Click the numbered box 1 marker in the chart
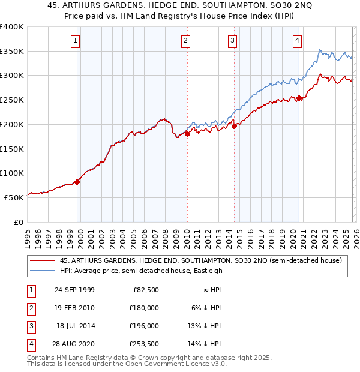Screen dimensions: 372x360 [76, 41]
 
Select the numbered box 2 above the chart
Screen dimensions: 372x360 [186, 41]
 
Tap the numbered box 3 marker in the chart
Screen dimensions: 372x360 [232, 41]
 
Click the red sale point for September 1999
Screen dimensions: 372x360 [77, 182]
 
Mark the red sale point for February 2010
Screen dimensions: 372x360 [187, 134]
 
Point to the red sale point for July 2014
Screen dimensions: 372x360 [234, 126]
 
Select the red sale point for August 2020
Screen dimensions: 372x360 [299, 98]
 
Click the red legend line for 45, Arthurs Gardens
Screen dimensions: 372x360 [43, 260]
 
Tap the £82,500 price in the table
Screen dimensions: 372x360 [146, 290]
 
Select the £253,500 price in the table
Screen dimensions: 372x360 [143, 344]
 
